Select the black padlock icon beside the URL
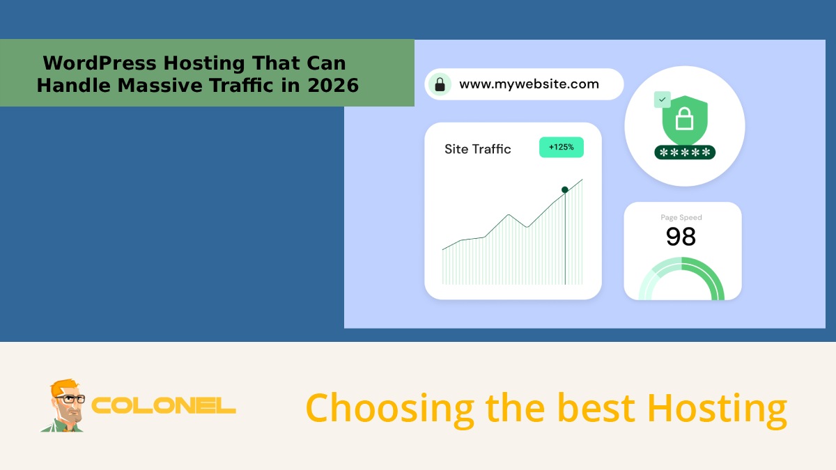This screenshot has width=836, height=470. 440,85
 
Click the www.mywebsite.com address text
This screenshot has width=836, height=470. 529,84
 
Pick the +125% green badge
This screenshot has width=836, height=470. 561,148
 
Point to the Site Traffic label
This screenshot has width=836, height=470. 477,149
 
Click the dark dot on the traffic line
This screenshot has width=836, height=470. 565,189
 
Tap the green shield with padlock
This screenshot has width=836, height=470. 684,120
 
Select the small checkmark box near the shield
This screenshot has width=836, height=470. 662,100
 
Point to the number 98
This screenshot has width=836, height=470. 681,237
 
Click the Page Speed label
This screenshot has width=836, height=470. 681,218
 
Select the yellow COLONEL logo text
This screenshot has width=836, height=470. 164,406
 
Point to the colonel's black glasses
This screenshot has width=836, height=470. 69,400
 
